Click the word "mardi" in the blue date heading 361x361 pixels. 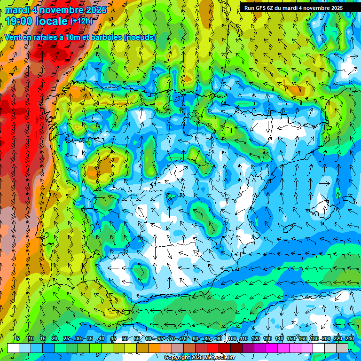pyautogui.click(x=17, y=10)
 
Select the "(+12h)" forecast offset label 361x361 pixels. pyautogui.click(x=81, y=21)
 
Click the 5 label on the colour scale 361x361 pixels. pyautogui.click(x=18, y=339)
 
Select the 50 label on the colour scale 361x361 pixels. pyautogui.click(x=125, y=339)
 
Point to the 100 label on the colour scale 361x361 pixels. pyautogui.click(x=232, y=339)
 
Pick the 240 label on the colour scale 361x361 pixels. pyautogui.click(x=350, y=339)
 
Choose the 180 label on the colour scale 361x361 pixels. pyautogui.click(x=314, y=339)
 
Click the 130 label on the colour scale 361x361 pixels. pyautogui.click(x=267, y=339)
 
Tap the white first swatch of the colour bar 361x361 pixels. pyautogui.click(x=13, y=348)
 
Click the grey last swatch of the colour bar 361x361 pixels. pyautogui.click(x=342, y=348)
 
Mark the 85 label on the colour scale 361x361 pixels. pyautogui.click(x=207, y=339)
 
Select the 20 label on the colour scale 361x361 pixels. pyautogui.click(x=54, y=339)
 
